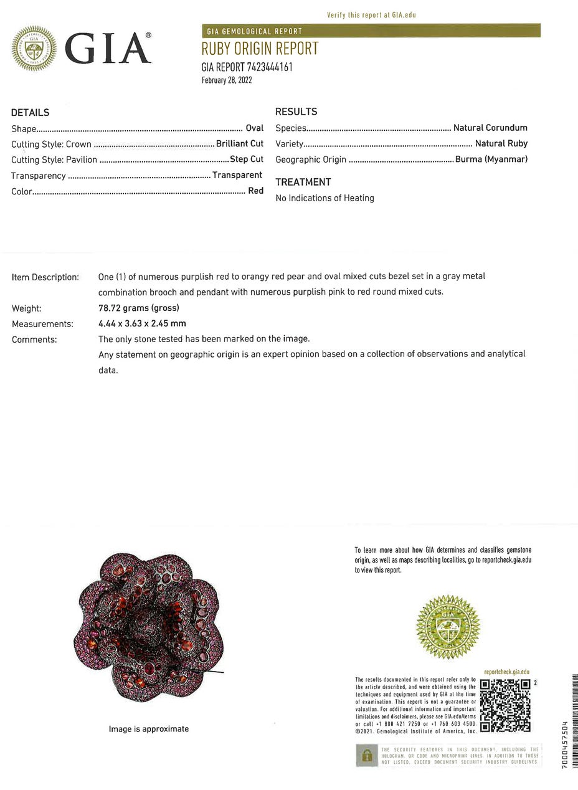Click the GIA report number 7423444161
(247, 67)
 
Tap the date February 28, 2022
(227, 80)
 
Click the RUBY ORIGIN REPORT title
(260, 49)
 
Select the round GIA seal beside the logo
(34, 48)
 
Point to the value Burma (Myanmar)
(491, 159)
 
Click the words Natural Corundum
(490, 128)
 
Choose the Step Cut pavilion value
(247, 159)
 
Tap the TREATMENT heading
(303, 182)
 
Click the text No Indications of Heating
(325, 198)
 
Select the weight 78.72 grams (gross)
(139, 308)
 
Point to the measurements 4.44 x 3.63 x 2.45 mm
(142, 323)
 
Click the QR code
(505, 705)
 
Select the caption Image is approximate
(149, 729)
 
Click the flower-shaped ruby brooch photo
(148, 626)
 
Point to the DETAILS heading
(30, 113)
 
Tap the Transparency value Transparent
(237, 175)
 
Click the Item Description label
(45, 277)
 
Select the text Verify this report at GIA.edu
(371, 15)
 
